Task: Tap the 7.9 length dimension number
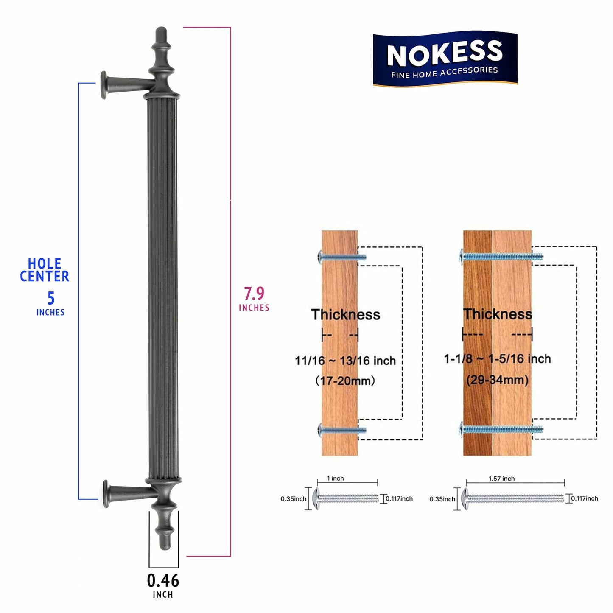click(x=254, y=294)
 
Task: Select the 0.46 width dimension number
click(x=163, y=580)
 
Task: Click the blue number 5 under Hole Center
click(x=50, y=298)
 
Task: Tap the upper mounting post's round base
click(x=103, y=85)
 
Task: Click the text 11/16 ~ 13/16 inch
click(x=345, y=361)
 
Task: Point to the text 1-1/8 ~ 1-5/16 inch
click(x=497, y=359)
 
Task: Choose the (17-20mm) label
click(x=345, y=381)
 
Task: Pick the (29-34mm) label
click(x=497, y=379)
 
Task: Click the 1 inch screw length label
click(x=335, y=479)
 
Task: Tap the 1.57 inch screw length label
click(x=501, y=479)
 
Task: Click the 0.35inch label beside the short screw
click(x=293, y=499)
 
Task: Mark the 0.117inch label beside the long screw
click(x=584, y=498)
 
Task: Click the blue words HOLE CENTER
click(x=45, y=270)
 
